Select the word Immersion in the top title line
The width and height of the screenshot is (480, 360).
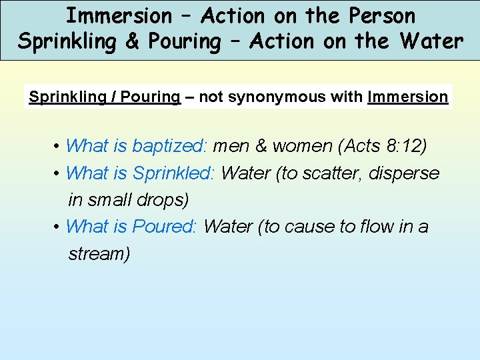pyautogui.click(x=119, y=15)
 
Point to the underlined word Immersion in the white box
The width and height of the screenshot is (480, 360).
pyautogui.click(x=408, y=97)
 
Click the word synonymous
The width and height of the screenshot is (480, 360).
pyautogui.click(x=283, y=97)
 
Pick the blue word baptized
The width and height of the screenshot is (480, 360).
pyautogui.click(x=171, y=146)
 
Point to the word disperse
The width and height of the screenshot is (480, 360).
pyautogui.click(x=407, y=173)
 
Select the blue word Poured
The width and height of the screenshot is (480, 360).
pyautogui.click(x=164, y=227)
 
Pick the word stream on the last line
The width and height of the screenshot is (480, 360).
pyautogui.click(x=97, y=253)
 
